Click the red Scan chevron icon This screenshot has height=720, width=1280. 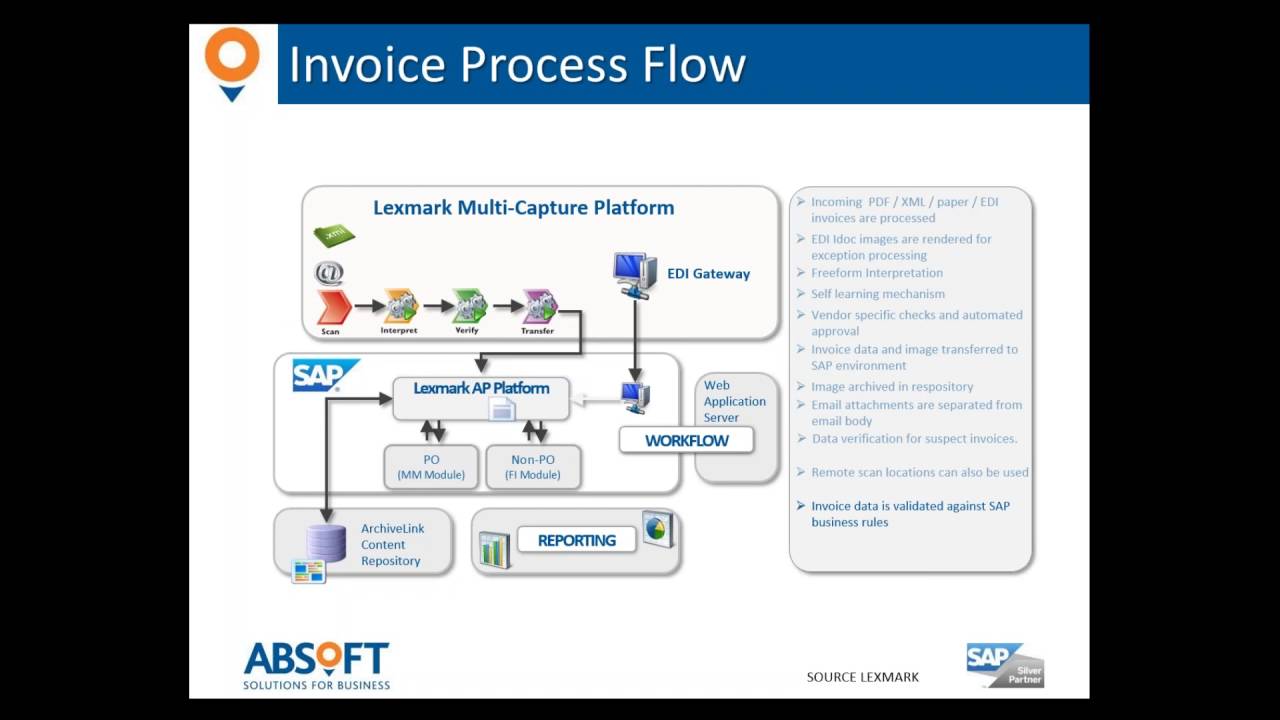[x=332, y=307]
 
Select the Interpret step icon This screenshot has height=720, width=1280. [x=400, y=306]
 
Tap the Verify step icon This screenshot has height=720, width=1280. [x=469, y=306]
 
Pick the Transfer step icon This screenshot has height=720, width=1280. [x=539, y=306]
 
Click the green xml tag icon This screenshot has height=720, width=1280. [x=334, y=235]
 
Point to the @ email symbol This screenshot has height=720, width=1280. [x=329, y=273]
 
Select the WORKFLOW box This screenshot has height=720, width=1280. [x=686, y=440]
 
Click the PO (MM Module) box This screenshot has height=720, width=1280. [x=431, y=467]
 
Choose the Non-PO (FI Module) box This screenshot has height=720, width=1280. [x=533, y=467]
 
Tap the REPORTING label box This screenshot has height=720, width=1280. [x=576, y=540]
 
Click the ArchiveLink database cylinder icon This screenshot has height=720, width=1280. [x=326, y=543]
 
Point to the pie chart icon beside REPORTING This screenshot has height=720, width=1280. [x=657, y=528]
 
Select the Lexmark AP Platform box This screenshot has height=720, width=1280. [x=481, y=397]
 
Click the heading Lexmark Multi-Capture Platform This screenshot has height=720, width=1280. [x=523, y=208]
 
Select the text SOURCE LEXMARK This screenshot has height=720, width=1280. [x=862, y=677]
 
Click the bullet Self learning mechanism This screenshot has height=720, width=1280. [x=877, y=294]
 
